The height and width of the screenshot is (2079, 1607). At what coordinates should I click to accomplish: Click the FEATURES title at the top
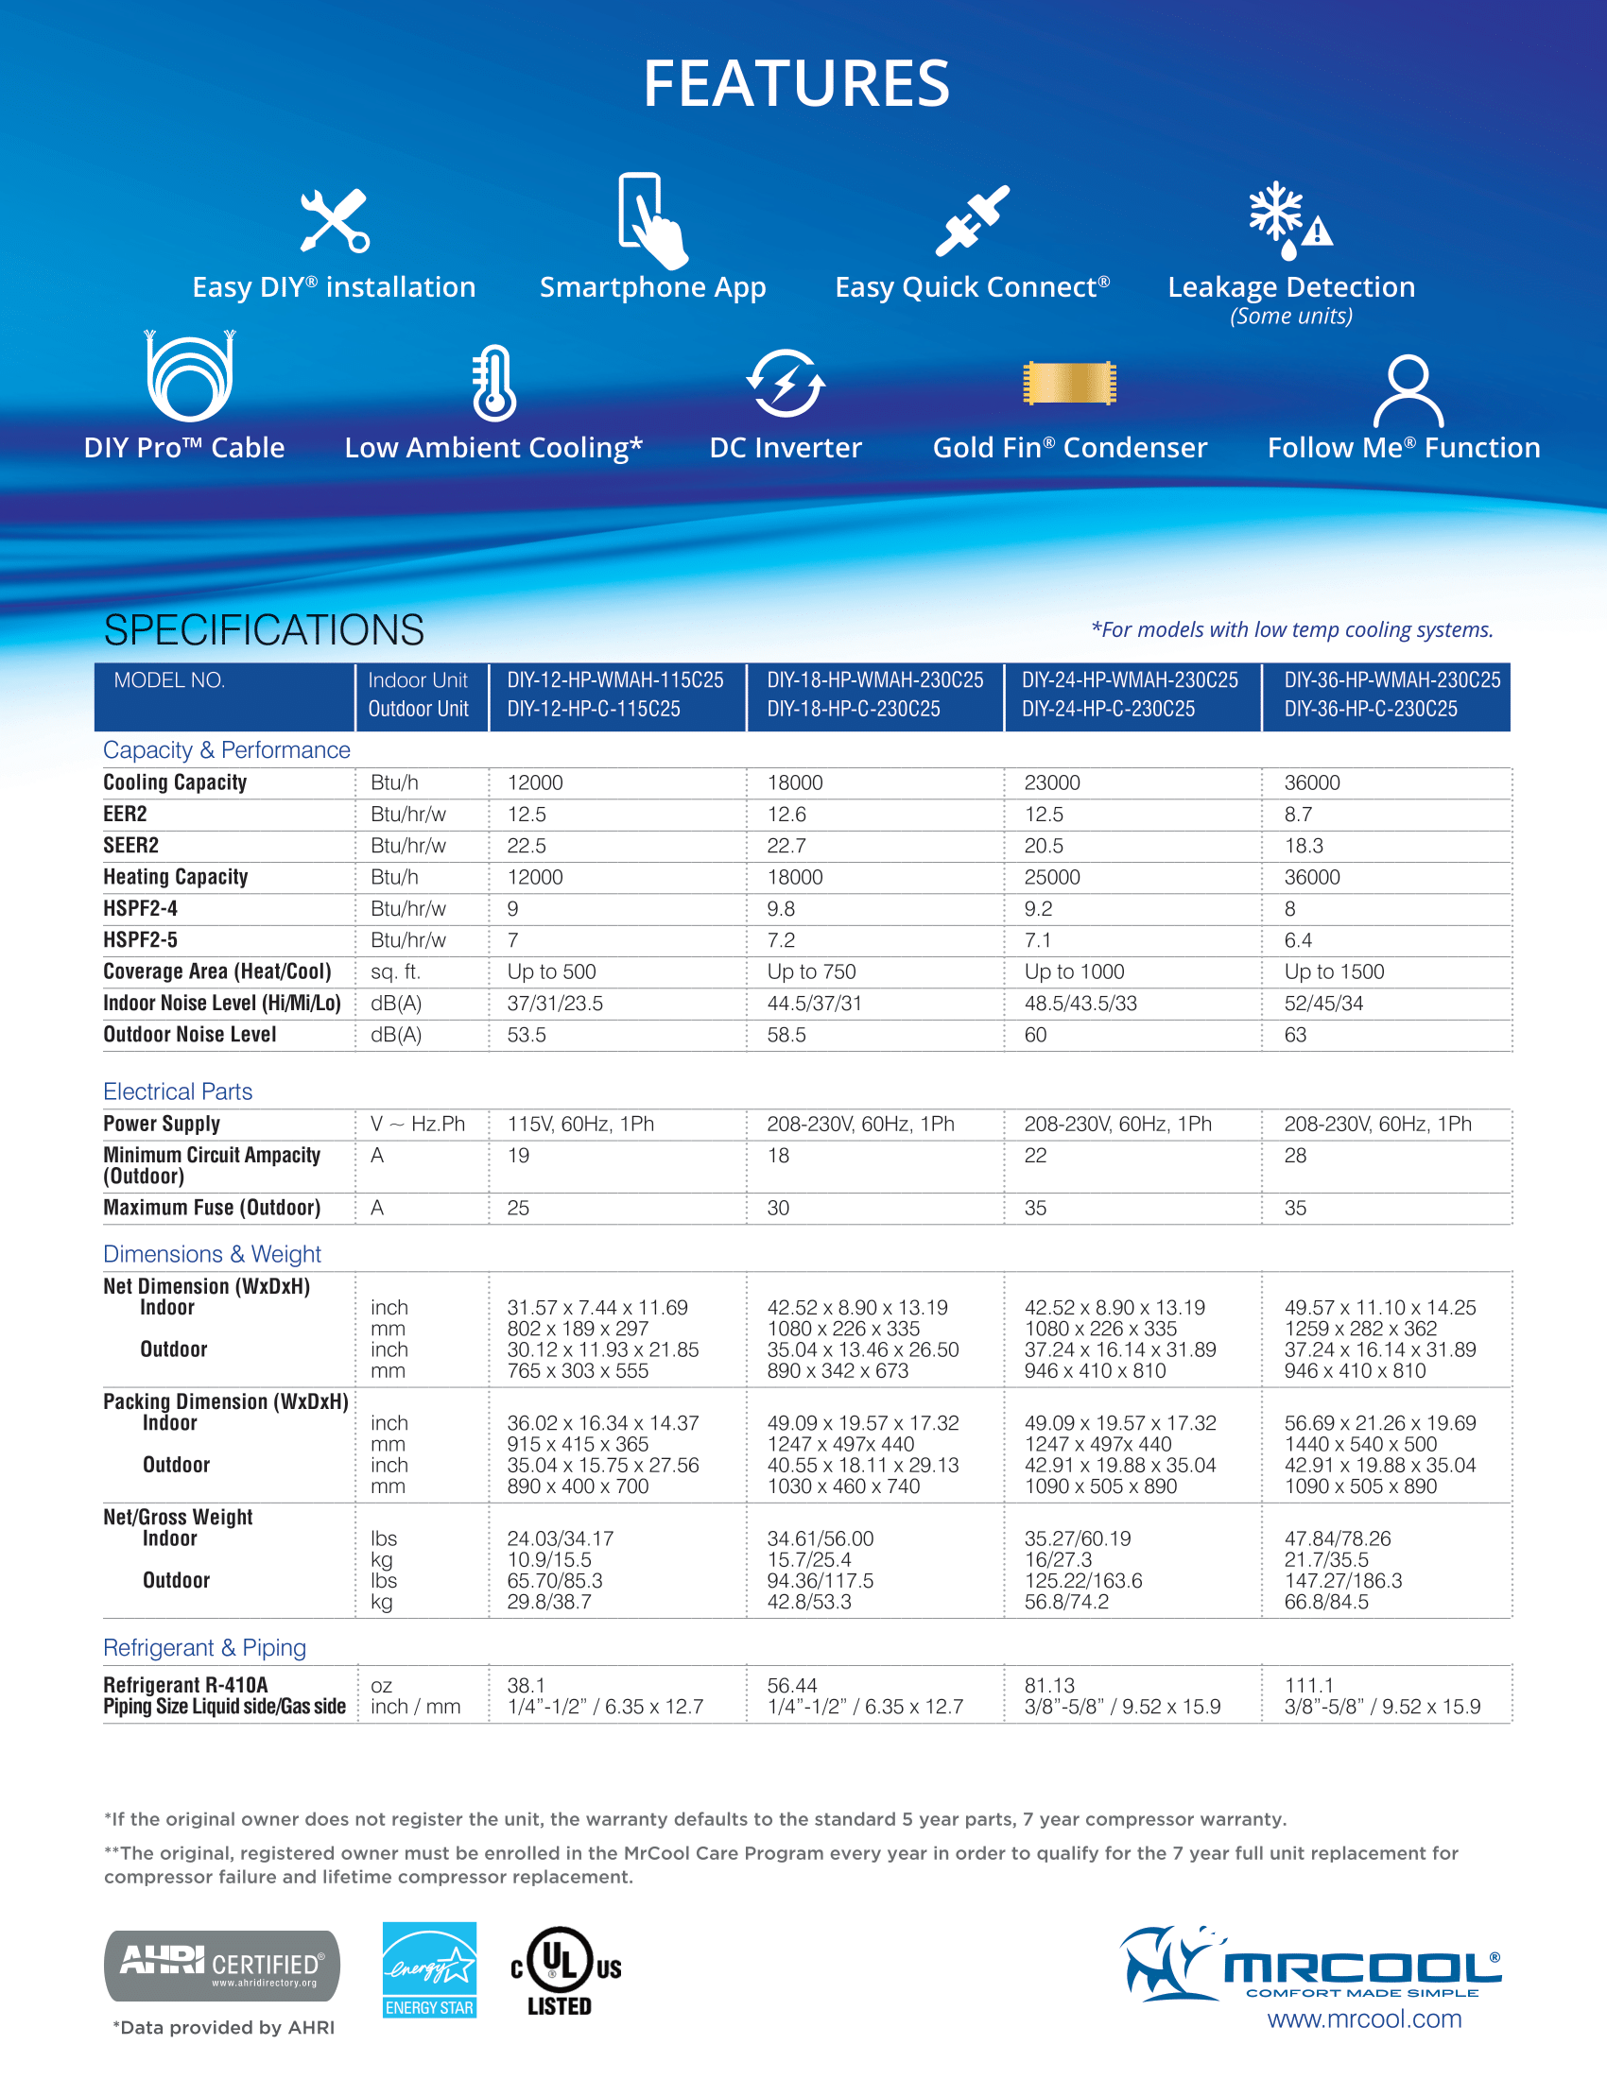point(796,84)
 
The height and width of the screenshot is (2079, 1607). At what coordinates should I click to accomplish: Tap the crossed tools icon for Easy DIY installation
point(334,221)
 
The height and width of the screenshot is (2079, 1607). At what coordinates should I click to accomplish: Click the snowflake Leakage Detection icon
point(1288,221)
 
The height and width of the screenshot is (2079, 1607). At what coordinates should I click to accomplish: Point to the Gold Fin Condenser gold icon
point(1069,384)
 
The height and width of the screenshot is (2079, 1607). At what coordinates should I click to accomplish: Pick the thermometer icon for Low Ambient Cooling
point(494,384)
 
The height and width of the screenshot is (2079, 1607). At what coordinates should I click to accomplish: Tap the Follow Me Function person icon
point(1408,390)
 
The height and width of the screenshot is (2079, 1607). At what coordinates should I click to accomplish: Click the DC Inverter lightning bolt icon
point(786,384)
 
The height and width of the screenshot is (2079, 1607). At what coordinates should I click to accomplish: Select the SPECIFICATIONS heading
point(264,630)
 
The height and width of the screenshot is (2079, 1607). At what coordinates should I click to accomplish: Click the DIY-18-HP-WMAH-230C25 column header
point(875,680)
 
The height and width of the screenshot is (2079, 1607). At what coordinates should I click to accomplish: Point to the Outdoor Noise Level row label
point(189,1035)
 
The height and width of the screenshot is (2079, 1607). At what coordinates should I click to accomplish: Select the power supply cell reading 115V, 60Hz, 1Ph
point(579,1125)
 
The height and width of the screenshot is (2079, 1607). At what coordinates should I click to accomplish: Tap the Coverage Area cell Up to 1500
point(1334,971)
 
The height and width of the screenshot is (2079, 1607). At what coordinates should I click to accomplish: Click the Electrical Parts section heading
point(177,1091)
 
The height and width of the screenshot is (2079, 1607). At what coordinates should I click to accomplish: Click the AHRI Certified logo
point(222,1966)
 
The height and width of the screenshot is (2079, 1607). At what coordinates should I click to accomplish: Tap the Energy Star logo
point(429,1968)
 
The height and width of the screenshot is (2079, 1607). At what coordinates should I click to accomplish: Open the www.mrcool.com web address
point(1364,2019)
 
